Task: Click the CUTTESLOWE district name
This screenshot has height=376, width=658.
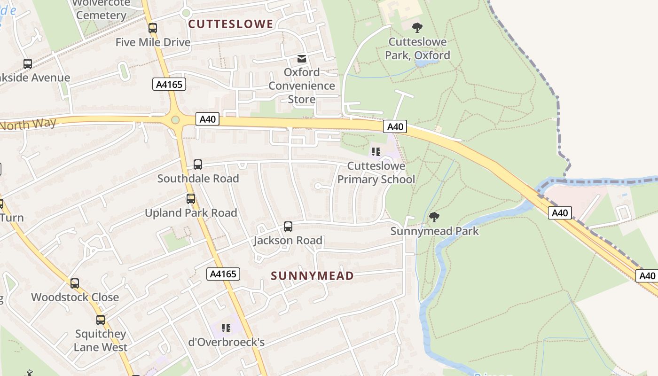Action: [231, 24]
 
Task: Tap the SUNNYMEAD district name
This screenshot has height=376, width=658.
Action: [313, 276]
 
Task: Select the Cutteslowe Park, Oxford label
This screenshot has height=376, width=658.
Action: [417, 48]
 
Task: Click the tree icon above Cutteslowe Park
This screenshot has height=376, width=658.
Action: [417, 28]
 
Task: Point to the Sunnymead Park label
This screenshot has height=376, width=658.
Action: [435, 231]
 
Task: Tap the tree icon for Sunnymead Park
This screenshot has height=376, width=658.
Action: [434, 217]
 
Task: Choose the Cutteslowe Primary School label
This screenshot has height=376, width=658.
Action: [376, 173]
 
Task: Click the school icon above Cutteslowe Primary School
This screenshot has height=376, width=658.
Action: [376, 152]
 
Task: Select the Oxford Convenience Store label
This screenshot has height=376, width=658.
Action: [302, 86]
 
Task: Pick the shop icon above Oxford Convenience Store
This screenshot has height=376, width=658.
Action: [301, 59]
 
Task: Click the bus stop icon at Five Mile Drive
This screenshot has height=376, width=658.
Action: [153, 28]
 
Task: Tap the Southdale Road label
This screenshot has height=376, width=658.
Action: [198, 179]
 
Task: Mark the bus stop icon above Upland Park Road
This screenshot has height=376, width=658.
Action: [190, 199]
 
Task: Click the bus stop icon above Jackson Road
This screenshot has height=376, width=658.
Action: [288, 227]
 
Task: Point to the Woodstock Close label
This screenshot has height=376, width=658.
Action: [75, 297]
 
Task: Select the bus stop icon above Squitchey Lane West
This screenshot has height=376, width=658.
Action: [101, 320]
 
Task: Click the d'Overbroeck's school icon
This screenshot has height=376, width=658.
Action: [226, 328]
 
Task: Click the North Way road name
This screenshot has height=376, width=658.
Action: [28, 125]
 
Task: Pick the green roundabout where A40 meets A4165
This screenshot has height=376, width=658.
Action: [176, 120]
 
